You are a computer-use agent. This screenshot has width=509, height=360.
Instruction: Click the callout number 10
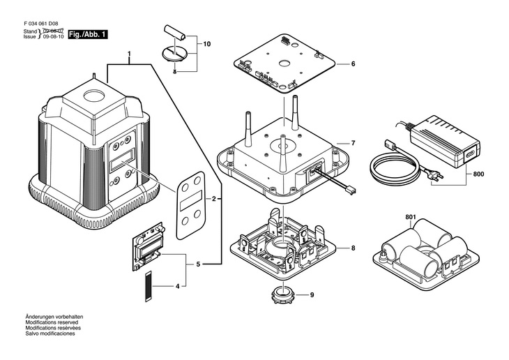(207, 44)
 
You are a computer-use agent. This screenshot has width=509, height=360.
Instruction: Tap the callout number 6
(354, 64)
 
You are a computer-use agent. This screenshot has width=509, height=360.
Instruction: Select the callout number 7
(354, 143)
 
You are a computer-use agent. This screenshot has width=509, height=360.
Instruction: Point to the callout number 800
(478, 174)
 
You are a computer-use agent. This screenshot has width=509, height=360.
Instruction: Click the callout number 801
(411, 217)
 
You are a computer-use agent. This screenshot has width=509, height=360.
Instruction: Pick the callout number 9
(312, 295)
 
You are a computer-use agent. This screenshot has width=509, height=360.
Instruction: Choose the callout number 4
(177, 287)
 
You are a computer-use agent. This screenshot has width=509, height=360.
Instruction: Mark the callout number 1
(129, 54)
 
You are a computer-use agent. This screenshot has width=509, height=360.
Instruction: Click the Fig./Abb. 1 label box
(88, 34)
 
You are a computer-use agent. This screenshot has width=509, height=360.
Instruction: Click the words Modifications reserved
(52, 322)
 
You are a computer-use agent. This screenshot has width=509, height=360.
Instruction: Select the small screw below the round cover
(174, 72)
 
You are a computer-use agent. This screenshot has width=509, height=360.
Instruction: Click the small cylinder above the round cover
(176, 33)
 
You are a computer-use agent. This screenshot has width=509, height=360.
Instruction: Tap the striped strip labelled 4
(149, 286)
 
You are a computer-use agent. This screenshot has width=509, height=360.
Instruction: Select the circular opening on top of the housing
(94, 96)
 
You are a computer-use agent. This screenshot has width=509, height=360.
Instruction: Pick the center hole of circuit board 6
(284, 62)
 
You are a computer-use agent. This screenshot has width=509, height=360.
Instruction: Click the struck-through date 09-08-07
(53, 31)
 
